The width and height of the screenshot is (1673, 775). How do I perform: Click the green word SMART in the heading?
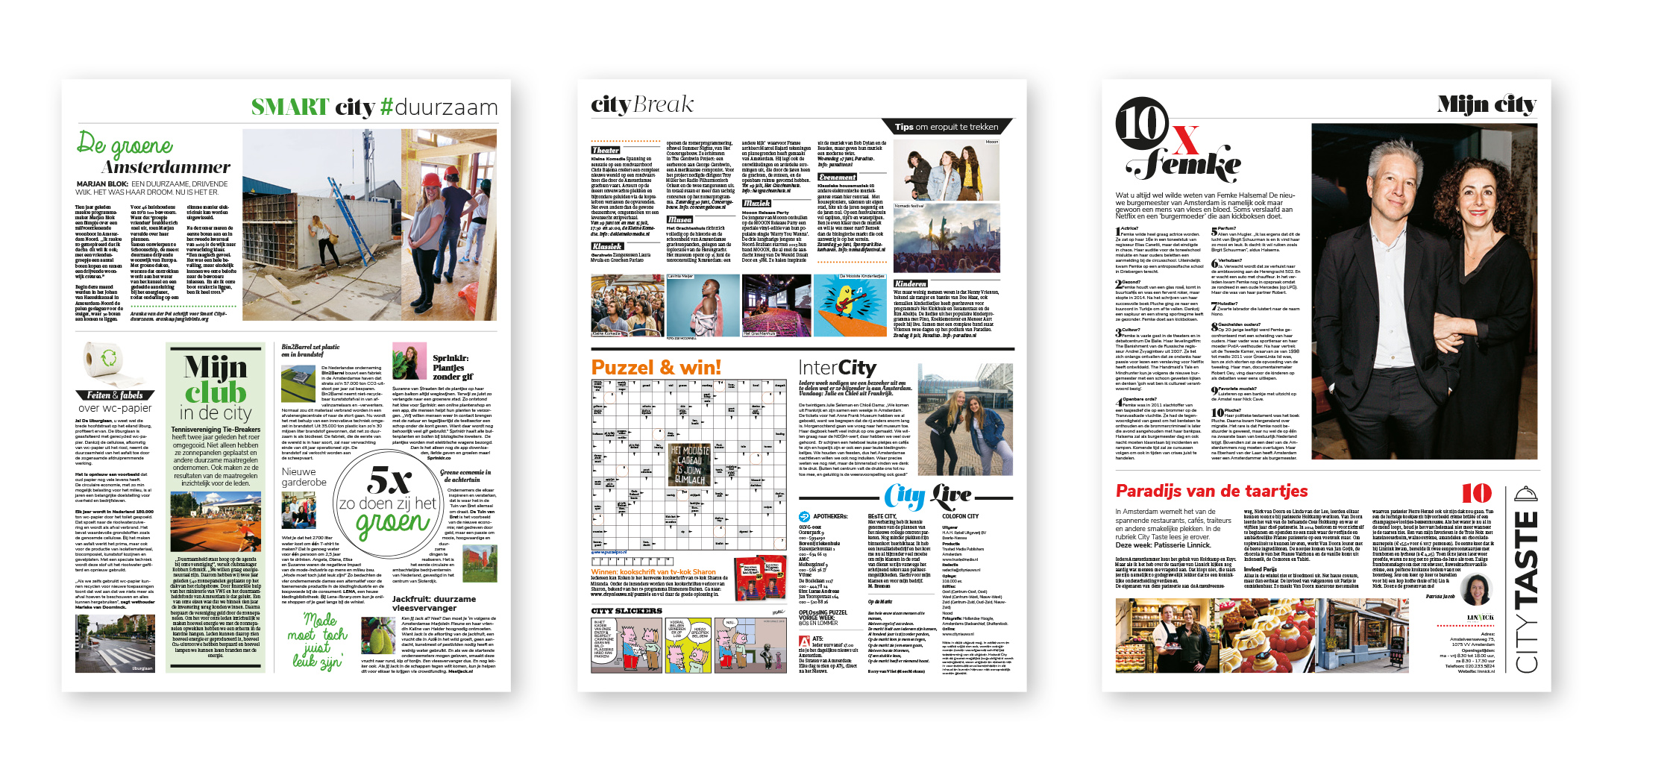[x=289, y=107]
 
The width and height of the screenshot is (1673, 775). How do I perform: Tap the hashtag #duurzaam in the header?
[x=439, y=108]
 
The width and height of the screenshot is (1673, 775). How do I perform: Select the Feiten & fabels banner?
[x=115, y=395]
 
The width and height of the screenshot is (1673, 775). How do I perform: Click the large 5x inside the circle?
[x=389, y=480]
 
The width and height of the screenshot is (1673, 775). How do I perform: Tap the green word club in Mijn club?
[x=216, y=392]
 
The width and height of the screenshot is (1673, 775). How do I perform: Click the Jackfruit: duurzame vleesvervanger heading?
[x=434, y=603]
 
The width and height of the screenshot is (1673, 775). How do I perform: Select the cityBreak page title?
[x=641, y=105]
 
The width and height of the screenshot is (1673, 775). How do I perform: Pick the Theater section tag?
[x=606, y=150]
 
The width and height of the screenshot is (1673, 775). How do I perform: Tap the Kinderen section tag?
[x=911, y=283]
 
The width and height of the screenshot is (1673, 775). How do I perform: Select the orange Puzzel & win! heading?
[x=656, y=367]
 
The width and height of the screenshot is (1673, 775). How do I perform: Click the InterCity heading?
[x=837, y=368]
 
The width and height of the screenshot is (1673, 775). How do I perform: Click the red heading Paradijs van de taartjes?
[x=1211, y=491]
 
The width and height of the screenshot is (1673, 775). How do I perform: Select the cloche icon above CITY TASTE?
[x=1526, y=494]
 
